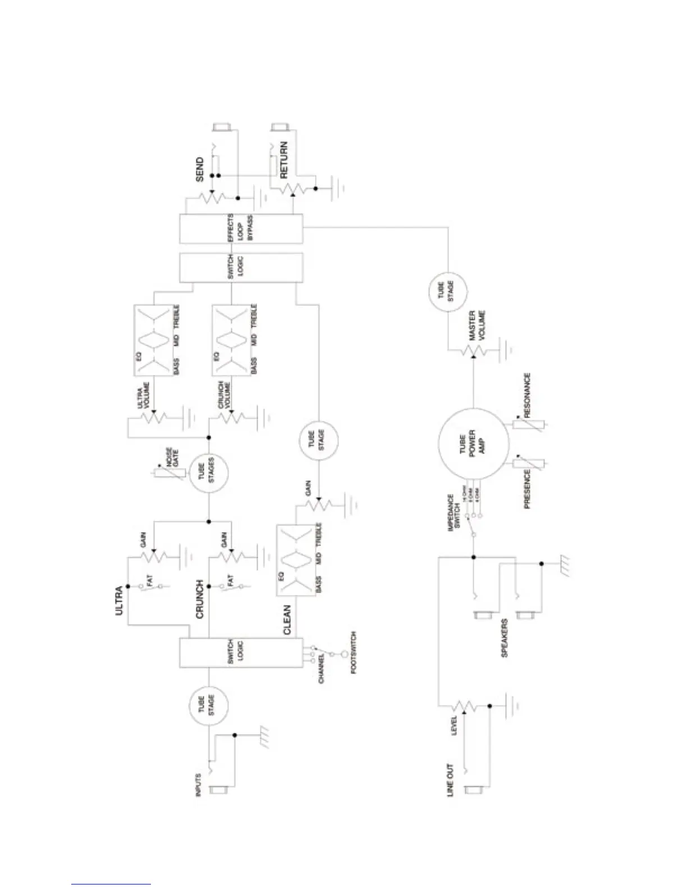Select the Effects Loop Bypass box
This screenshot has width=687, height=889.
pyautogui.click(x=241, y=228)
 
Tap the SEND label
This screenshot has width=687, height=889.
pyautogui.click(x=200, y=169)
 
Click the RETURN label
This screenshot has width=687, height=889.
pyautogui.click(x=283, y=160)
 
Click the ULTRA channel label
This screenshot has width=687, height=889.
pyautogui.click(x=119, y=601)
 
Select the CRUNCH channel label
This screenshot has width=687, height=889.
pyautogui.click(x=200, y=599)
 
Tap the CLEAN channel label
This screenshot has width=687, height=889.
pyautogui.click(x=287, y=620)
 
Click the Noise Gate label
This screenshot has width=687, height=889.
pyautogui.click(x=172, y=459)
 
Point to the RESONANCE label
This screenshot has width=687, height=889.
pyautogui.click(x=527, y=395)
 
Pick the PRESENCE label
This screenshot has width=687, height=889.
pyautogui.click(x=527, y=489)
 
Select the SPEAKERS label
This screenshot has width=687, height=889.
pyautogui.click(x=504, y=638)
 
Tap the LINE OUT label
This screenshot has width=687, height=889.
pyautogui.click(x=450, y=780)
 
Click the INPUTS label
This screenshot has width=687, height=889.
pyautogui.click(x=197, y=785)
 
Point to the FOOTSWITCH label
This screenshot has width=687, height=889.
pyautogui.click(x=354, y=652)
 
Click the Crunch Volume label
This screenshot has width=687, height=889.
pyautogui.click(x=223, y=395)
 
